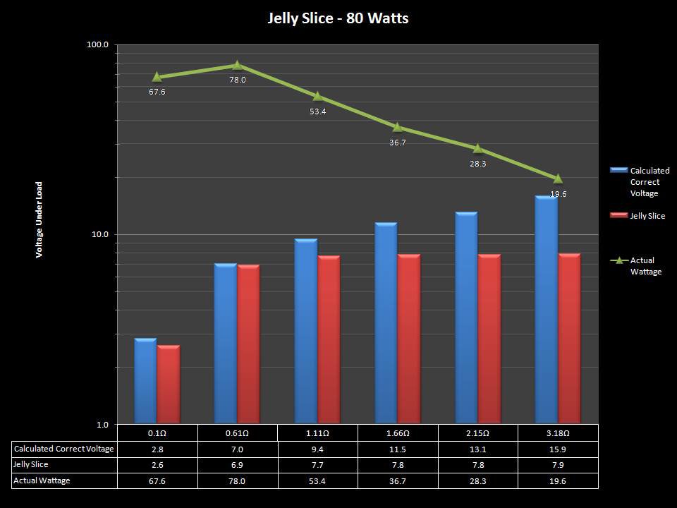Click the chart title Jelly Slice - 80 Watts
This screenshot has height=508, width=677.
(x=338, y=18)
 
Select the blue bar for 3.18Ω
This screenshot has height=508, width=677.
(x=546, y=310)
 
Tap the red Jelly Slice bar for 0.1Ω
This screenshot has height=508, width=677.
(x=169, y=385)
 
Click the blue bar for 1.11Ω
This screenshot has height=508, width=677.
(x=305, y=332)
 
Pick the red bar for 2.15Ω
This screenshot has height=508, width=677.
(x=489, y=339)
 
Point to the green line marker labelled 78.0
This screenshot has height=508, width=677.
(x=237, y=66)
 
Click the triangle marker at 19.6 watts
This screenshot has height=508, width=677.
(x=558, y=179)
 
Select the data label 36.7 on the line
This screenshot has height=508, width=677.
(x=398, y=143)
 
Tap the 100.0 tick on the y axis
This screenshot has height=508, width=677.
(x=97, y=45)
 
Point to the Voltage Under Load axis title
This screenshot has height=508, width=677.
(x=39, y=219)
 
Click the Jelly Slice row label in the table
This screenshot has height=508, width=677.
(x=31, y=465)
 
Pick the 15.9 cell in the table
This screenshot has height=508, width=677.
(x=558, y=449)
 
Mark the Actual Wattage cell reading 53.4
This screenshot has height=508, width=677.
(x=317, y=481)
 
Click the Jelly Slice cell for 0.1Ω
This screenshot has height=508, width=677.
(x=157, y=465)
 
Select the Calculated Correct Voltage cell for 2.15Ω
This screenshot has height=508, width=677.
(x=477, y=449)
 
